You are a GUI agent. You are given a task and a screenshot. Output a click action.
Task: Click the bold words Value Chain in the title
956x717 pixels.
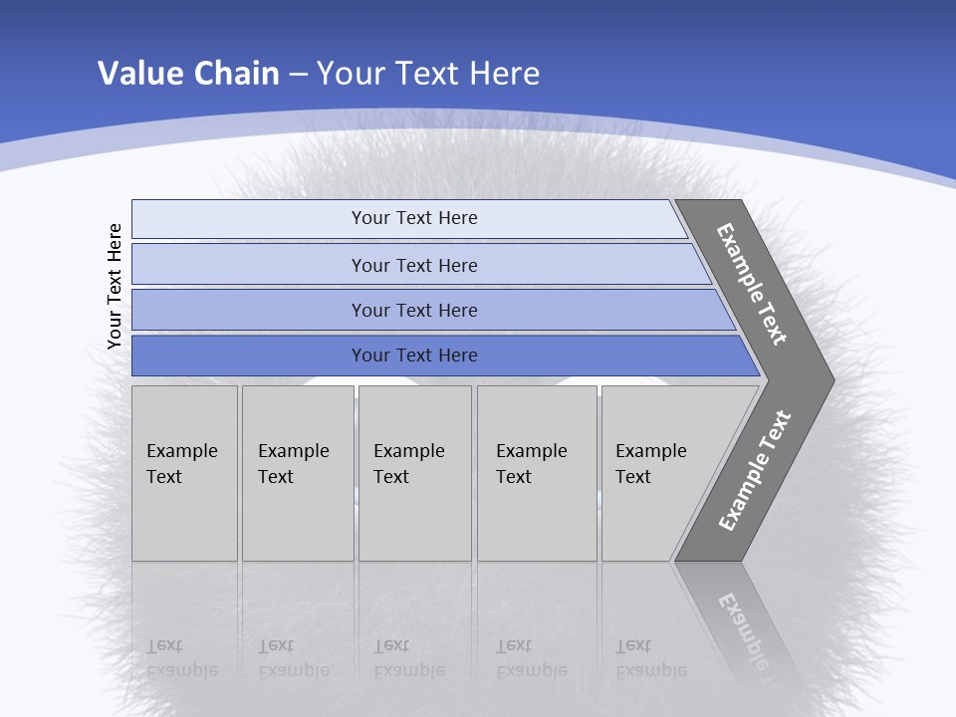coord(188,74)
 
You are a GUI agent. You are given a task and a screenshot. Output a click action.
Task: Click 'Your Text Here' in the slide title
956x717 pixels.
coord(428,74)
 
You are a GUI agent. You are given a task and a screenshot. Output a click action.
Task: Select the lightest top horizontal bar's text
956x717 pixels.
coord(414,218)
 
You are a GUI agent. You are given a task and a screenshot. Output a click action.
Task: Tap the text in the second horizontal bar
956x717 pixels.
coord(414,266)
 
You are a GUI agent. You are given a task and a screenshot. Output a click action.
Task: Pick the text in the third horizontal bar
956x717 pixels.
coord(414,311)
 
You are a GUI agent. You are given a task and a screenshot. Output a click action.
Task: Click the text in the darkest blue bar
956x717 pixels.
coord(414,356)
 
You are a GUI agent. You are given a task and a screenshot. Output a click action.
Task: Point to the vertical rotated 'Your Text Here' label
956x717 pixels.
coord(115,286)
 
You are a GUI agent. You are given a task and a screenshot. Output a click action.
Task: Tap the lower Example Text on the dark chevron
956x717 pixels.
coord(755,471)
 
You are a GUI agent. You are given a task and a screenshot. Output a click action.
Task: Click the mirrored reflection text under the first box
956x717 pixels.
coord(181,658)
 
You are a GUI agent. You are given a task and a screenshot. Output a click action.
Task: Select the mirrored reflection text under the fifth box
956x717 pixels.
coord(650,658)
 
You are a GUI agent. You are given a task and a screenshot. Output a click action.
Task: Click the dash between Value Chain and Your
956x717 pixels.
coord(298,75)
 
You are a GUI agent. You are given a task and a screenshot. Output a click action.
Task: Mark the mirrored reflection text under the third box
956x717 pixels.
coord(408,658)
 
